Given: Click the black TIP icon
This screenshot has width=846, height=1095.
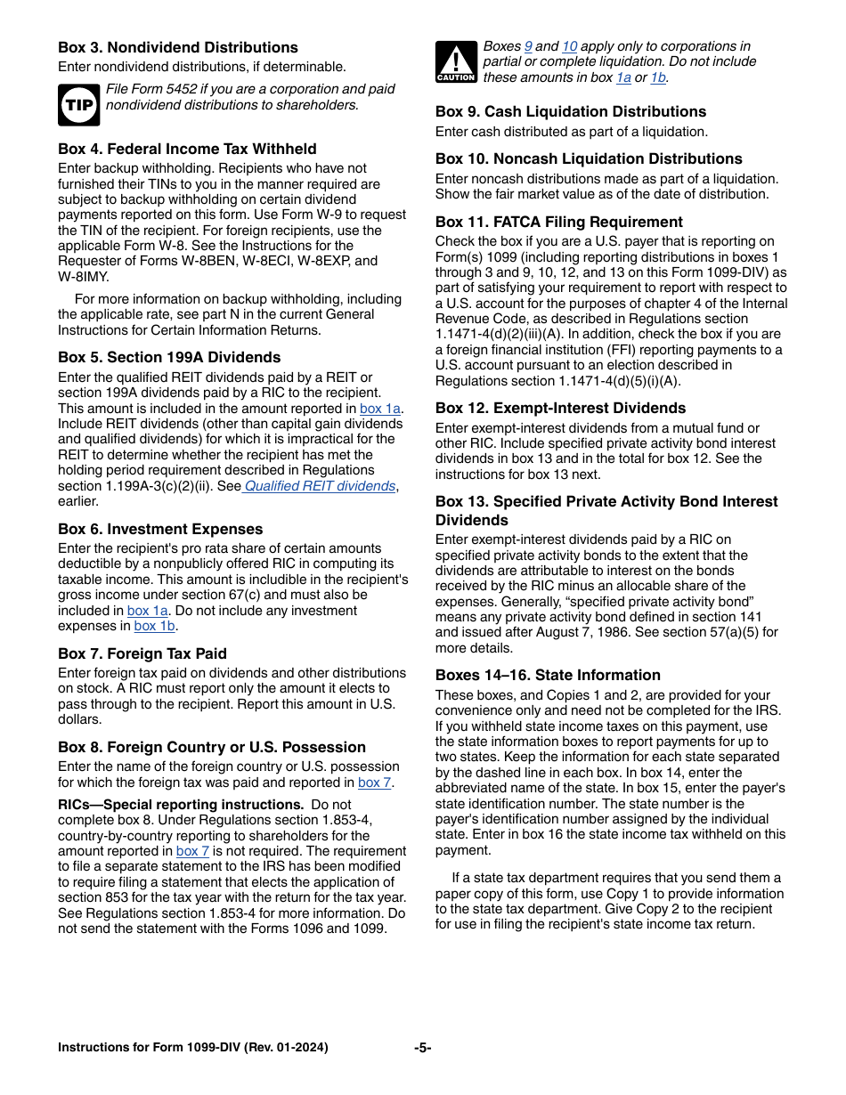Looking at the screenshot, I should point(78,105).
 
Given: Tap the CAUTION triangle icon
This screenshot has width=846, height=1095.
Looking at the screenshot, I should point(456,62).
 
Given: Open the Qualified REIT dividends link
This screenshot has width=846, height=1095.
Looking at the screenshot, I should point(320,486).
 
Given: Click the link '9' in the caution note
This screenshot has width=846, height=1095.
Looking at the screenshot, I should point(528,46).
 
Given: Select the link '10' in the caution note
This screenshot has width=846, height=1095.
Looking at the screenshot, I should point(570,46).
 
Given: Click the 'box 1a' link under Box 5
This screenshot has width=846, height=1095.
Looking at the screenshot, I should point(380,409).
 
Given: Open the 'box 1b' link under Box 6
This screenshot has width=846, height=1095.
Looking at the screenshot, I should point(155,626).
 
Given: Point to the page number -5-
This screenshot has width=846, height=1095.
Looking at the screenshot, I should point(423,1048).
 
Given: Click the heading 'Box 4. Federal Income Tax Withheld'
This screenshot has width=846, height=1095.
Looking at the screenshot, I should point(187,149).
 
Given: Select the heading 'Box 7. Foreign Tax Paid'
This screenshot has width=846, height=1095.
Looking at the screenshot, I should point(142,653).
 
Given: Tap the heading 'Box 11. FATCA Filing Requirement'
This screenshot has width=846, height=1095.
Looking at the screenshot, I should point(559,222).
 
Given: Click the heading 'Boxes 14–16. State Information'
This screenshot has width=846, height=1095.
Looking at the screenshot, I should point(548,675).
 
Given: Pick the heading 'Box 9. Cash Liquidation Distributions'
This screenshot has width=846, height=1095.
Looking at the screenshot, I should point(571,111).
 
